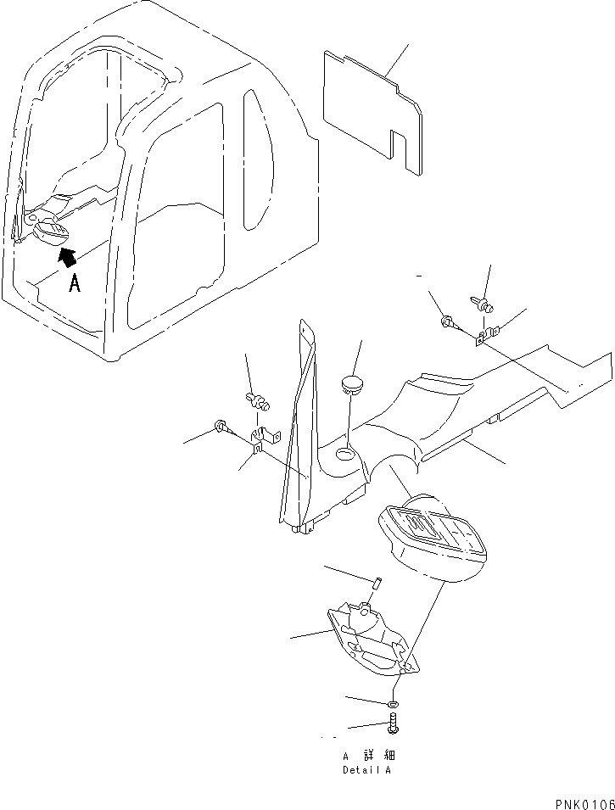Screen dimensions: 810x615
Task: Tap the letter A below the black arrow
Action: pyautogui.click(x=75, y=284)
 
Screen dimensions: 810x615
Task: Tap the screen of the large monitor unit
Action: pyautogui.click(x=428, y=533)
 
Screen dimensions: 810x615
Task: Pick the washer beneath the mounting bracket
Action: pyautogui.click(x=393, y=703)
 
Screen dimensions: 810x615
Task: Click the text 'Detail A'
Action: pyautogui.click(x=367, y=770)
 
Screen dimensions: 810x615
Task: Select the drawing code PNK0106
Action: pyautogui.click(x=583, y=802)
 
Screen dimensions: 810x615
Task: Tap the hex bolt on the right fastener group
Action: pyautogui.click(x=449, y=323)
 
